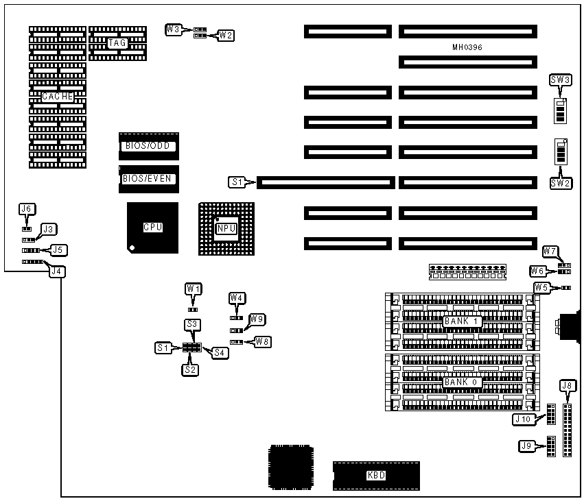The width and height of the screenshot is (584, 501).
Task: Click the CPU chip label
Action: coord(152,228)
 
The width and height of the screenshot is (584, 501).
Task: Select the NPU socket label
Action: coord(226,229)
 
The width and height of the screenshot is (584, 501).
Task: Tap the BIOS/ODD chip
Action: coord(148,146)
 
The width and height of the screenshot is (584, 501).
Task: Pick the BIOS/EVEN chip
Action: coord(148,179)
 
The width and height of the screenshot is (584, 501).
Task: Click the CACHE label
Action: coord(58,97)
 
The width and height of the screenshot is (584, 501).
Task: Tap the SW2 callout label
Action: coord(561,183)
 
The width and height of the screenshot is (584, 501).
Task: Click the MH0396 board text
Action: coord(467,47)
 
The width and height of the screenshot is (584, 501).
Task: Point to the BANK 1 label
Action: coord(460,321)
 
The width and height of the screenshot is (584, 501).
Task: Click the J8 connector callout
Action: coord(567,385)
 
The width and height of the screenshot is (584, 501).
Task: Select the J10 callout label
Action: coord(523,419)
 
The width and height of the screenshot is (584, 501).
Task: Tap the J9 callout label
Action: coord(526,446)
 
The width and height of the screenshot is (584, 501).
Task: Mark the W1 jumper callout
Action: coord(194,289)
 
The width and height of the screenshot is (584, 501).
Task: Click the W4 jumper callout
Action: coord(237,297)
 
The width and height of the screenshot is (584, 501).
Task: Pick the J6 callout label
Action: coord(27,208)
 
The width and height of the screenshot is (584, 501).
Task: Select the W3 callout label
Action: coord(174,29)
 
